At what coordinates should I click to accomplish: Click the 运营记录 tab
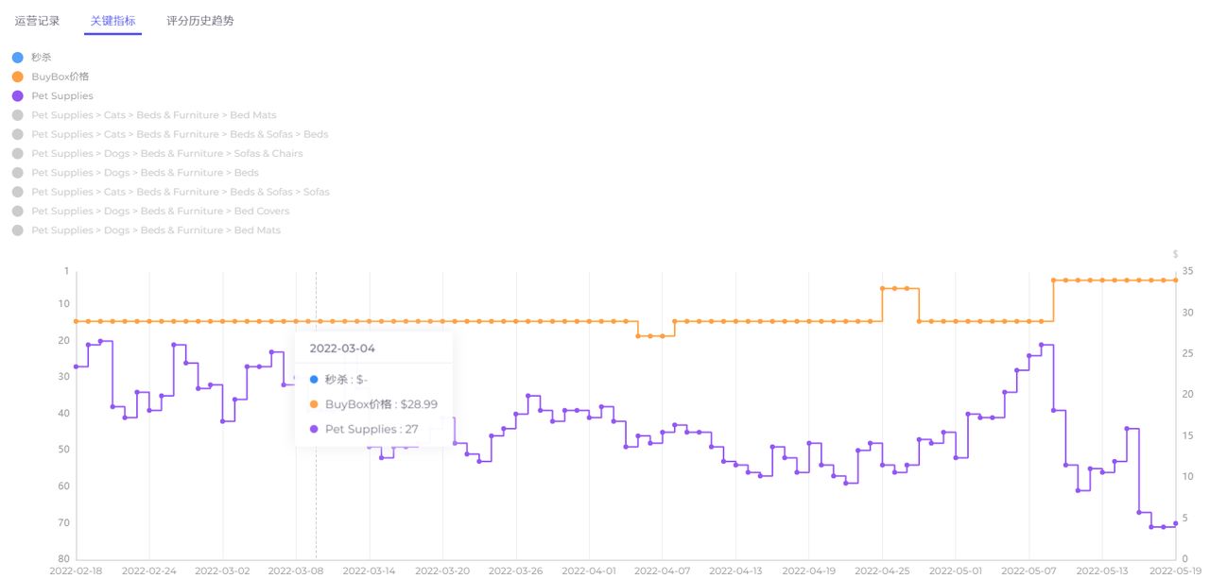(x=37, y=21)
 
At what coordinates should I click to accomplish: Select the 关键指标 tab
(x=112, y=21)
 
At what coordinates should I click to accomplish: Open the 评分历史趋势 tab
(x=199, y=21)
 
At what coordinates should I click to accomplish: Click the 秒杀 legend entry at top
(x=41, y=58)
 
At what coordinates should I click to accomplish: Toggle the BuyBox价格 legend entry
(x=60, y=77)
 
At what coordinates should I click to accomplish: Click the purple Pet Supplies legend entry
(x=61, y=96)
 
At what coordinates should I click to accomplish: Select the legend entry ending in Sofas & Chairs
(x=166, y=154)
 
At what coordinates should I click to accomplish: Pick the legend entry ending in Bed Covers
(x=160, y=212)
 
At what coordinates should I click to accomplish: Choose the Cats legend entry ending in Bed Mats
(x=153, y=115)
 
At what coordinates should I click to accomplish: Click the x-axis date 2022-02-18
(x=77, y=570)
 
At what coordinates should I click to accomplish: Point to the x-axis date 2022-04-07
(x=662, y=570)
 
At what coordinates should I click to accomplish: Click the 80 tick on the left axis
(x=63, y=559)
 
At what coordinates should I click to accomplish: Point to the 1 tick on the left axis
(x=66, y=272)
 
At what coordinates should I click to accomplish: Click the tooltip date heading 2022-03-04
(x=342, y=349)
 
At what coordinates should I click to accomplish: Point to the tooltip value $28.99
(x=419, y=404)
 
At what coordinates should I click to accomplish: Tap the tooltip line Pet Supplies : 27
(x=372, y=429)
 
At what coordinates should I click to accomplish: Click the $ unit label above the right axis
(x=1176, y=254)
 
